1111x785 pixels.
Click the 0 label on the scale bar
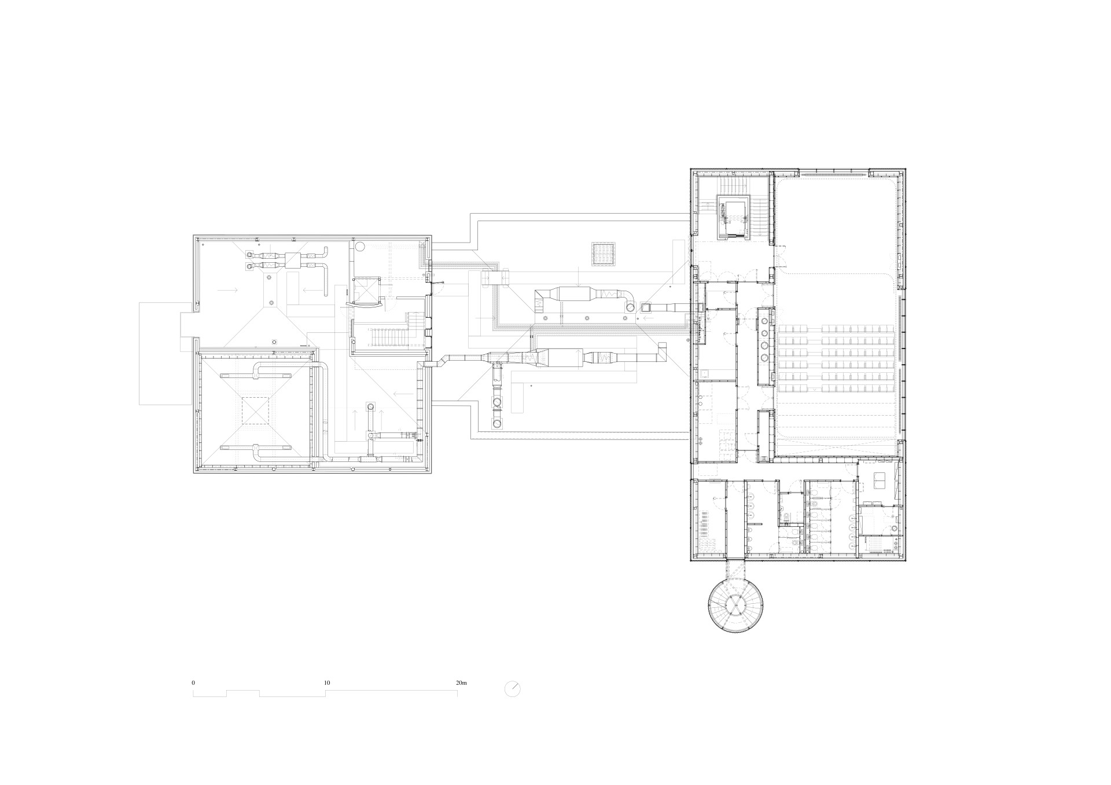[x=193, y=683]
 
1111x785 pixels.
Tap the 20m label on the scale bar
[x=461, y=683]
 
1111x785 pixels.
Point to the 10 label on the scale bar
[x=327, y=683]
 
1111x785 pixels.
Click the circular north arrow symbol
[x=513, y=689]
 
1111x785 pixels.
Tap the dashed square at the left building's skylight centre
[x=255, y=410]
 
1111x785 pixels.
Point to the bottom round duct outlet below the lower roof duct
[x=497, y=423]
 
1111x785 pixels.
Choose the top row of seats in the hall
[x=836, y=329]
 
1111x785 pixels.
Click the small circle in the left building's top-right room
[x=359, y=247]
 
